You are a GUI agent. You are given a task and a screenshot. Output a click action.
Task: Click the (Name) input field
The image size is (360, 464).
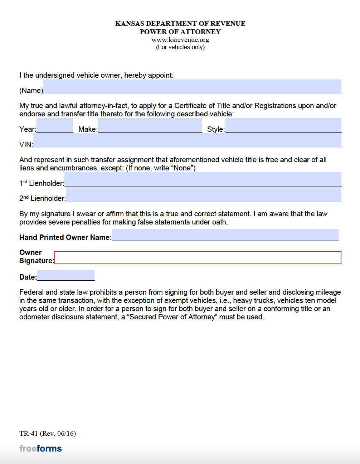pyautogui.click(x=192, y=87)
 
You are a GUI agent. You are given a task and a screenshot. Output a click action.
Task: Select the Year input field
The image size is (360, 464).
pyautogui.click(x=54, y=126)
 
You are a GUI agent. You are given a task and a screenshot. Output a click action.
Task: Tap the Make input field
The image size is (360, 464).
pyautogui.click(x=150, y=126)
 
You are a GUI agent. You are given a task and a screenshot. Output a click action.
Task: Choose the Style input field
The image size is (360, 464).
pyautogui.click(x=283, y=126)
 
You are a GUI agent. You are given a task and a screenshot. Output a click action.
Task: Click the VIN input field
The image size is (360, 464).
pyautogui.click(x=187, y=141)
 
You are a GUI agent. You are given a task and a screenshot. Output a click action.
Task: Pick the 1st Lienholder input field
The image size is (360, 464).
pyautogui.click(x=203, y=179)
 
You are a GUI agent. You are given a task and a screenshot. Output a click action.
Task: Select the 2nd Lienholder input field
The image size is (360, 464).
pyautogui.click(x=203, y=195)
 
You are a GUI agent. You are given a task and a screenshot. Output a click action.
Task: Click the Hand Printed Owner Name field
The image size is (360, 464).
pyautogui.click(x=225, y=235)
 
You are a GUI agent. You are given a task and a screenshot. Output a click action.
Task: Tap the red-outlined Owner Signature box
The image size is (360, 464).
pyautogui.click(x=198, y=258)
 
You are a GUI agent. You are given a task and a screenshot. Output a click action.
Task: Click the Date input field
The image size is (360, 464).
pyautogui.click(x=66, y=275)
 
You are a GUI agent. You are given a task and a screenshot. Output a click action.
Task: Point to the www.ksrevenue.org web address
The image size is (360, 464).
pyautogui.click(x=180, y=40)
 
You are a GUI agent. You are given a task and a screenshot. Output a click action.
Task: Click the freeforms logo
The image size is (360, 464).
pyautogui.click(x=40, y=449)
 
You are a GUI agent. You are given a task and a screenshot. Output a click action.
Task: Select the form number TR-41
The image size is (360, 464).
pyautogui.click(x=29, y=434)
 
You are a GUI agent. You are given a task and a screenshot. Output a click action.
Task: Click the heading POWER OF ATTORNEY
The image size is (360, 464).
pyautogui.click(x=180, y=32)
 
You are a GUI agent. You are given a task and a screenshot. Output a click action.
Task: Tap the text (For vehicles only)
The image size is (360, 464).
pyautogui.click(x=180, y=47)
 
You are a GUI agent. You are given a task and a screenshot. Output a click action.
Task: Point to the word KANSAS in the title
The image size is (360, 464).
pyautogui.click(x=128, y=24)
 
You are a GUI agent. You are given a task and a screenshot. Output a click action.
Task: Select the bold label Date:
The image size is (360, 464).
pyautogui.click(x=28, y=277)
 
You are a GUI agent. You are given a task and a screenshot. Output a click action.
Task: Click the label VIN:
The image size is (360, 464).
pyautogui.click(x=26, y=145)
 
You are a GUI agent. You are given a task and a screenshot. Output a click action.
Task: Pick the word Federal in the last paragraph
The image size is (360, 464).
pyautogui.click(x=31, y=292)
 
